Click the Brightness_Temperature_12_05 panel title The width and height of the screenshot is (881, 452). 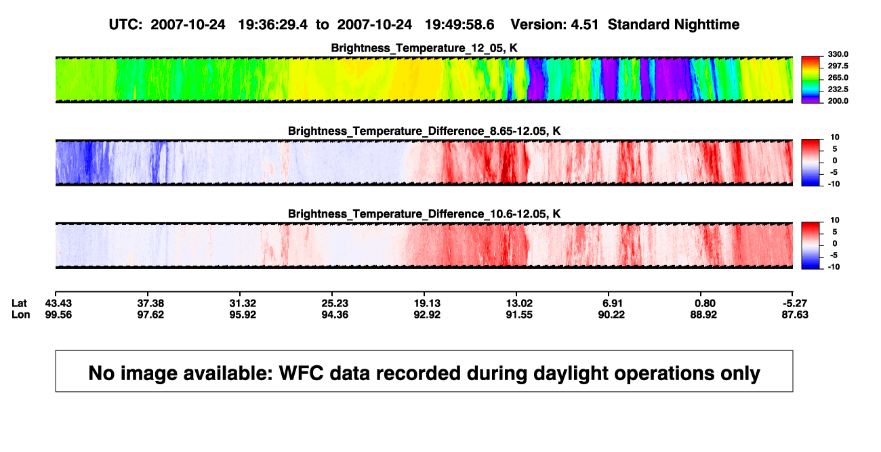[x=424, y=48]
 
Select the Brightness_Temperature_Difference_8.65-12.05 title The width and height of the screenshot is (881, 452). [x=424, y=131]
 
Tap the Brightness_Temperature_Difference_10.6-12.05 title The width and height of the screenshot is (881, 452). [x=424, y=214]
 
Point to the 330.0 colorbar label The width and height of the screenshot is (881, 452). [x=838, y=54]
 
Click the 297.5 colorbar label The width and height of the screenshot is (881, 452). [x=838, y=66]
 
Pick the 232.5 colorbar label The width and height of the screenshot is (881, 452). [x=838, y=89]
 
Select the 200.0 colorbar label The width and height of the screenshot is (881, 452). [x=838, y=101]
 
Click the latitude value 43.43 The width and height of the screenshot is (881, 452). [x=58, y=304]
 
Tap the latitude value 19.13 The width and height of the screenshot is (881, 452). [x=427, y=304]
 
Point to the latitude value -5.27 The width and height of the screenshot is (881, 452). [x=794, y=304]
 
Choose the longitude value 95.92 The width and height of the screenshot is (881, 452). [x=243, y=314]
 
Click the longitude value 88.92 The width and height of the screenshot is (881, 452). [x=703, y=314]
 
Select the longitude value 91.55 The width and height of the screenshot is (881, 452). [x=519, y=314]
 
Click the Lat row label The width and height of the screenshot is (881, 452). [x=19, y=304]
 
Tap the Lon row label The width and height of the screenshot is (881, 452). [x=21, y=314]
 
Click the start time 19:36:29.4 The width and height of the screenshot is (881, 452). [x=273, y=24]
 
